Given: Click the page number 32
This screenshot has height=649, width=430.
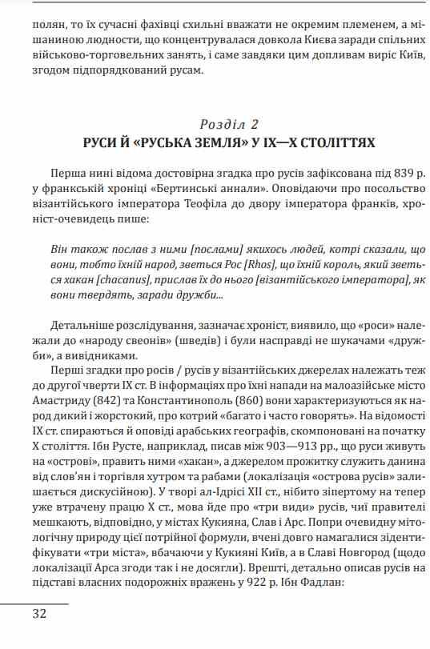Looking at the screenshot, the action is click(x=39, y=614).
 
